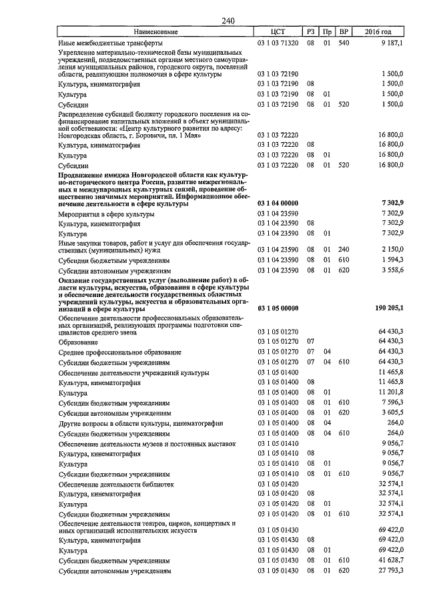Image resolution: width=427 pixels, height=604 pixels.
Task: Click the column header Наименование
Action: pyautogui.click(x=155, y=31)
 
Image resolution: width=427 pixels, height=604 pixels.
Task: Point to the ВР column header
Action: pyautogui.click(x=344, y=31)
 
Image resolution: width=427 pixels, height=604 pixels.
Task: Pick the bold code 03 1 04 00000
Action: pyautogui.click(x=278, y=202)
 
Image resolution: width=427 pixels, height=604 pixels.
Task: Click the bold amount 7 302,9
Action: pyautogui.click(x=390, y=202)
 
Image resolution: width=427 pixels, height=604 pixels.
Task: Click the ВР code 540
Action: pyautogui.click(x=344, y=42)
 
